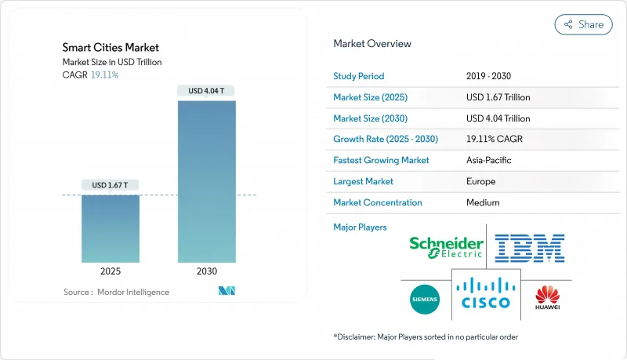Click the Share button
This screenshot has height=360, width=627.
tap(583, 24)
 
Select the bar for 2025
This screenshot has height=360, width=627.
tap(111, 228)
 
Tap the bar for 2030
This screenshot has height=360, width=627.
tap(207, 181)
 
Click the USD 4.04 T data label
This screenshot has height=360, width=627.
tap(207, 91)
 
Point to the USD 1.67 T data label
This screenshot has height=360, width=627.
tap(111, 186)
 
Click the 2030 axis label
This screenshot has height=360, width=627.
tap(207, 271)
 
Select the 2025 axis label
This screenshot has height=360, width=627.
tap(111, 271)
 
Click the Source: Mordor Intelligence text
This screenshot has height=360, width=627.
tap(116, 292)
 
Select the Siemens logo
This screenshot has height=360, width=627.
tap(425, 299)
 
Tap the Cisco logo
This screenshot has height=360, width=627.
tap(486, 293)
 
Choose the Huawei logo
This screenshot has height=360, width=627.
tap(547, 298)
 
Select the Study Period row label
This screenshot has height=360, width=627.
tap(359, 76)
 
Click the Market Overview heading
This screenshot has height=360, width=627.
tap(371, 44)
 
